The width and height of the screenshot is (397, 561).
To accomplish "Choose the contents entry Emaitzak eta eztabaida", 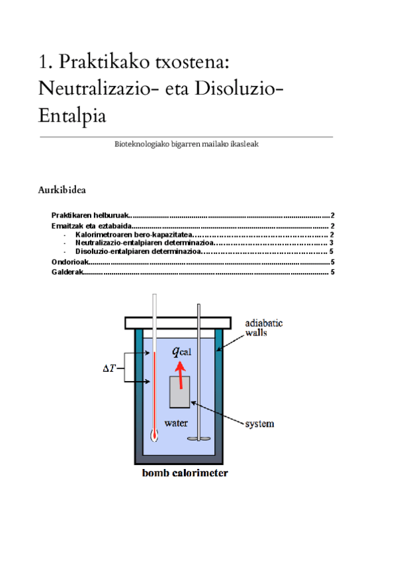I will click(x=92, y=226).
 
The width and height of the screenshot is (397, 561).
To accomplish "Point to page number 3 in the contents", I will click(x=331, y=243).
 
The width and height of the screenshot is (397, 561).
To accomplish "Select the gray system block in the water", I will click(x=179, y=392).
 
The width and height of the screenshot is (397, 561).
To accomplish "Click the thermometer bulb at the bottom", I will click(x=154, y=436).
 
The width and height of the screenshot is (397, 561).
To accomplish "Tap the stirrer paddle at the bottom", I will click(x=198, y=439).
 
